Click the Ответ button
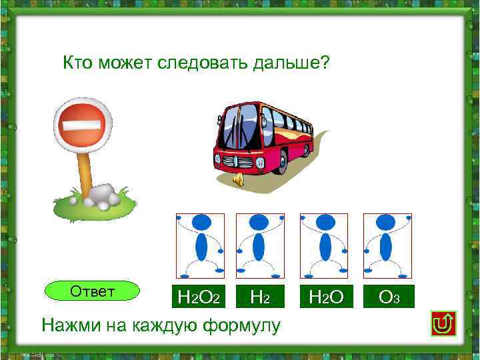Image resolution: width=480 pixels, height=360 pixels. (x=92, y=292)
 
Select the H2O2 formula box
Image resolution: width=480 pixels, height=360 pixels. (x=197, y=297)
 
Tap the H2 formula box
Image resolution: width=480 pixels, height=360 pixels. (x=259, y=297)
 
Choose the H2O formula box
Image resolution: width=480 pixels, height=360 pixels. (x=324, y=297)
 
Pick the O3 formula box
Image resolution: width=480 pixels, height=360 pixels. (x=388, y=297)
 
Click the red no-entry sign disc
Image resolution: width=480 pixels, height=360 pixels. (x=81, y=124)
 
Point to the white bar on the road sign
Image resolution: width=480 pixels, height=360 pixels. (x=80, y=124)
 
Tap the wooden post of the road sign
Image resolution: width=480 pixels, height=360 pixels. (x=85, y=171)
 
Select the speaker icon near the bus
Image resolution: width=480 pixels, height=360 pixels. (x=237, y=179)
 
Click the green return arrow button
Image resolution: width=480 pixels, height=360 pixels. (x=443, y=323)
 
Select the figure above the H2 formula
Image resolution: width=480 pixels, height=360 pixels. (x=260, y=245)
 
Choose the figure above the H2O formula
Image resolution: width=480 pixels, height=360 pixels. (x=324, y=245)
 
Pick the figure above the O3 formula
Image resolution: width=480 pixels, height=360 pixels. (x=387, y=245)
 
